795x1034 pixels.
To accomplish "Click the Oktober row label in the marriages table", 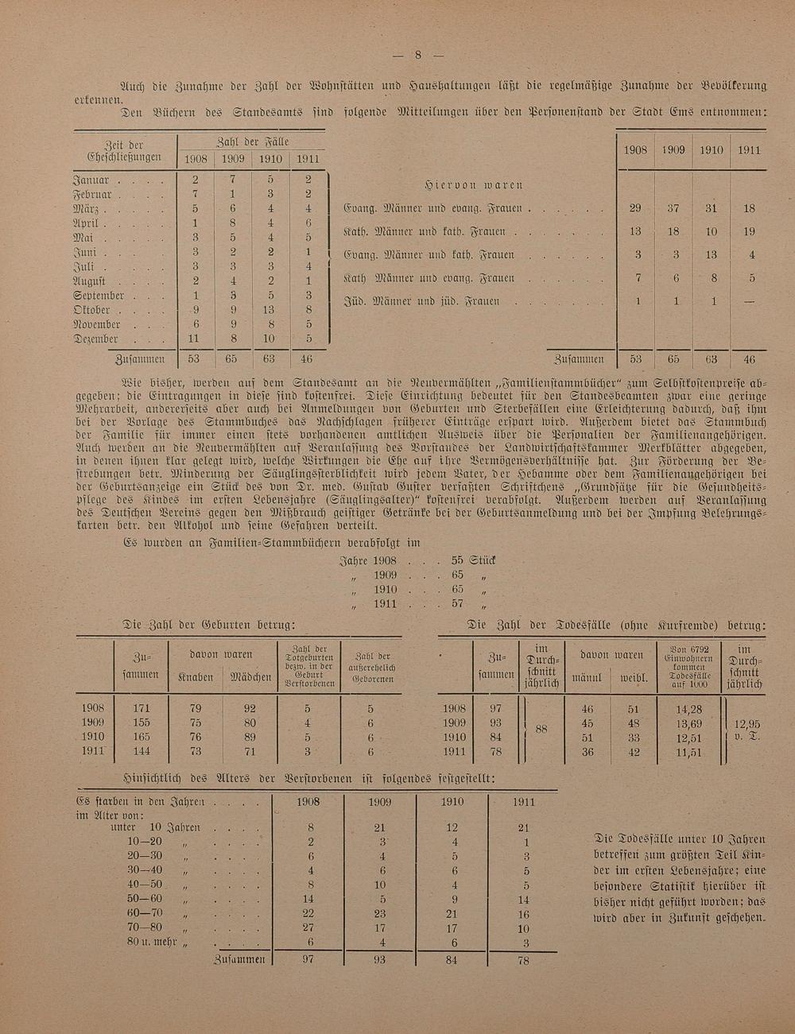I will pos(91,310).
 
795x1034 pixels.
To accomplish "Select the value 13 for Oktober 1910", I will pos(270,310).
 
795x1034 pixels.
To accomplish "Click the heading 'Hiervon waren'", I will pos(473,185).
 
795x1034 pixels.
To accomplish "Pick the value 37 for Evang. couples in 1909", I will pos(673,208).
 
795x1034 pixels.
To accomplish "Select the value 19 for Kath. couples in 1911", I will pos(748,232).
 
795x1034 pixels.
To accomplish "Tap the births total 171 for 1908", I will pos(142,708).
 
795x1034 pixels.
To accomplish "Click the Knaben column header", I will pos(195,677).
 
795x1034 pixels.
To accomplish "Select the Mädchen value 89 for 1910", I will pos(250,737).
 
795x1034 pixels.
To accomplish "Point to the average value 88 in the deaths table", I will pos(541,729).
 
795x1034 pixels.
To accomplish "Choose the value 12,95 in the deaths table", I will pos(747,724).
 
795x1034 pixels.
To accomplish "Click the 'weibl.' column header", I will pos(634,680).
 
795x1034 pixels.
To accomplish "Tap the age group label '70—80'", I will pos(144,927).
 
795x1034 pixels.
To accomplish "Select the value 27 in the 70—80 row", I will pos(310,927).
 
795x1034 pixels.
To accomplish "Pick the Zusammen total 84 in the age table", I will pos(453,960).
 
